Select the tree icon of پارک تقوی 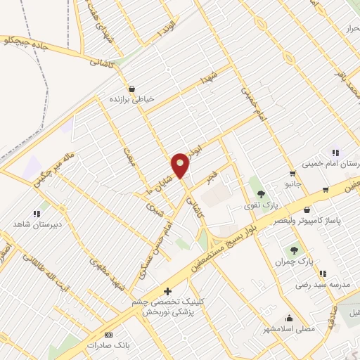260,193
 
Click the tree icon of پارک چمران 295,250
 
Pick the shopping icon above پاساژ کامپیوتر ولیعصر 307,210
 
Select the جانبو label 292,185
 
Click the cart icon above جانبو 292,174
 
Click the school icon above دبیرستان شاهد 36,213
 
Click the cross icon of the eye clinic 167,291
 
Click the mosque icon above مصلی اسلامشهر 289,318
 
